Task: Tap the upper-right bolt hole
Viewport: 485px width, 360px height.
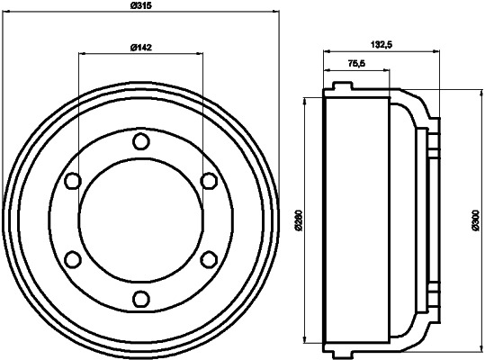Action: tap(209, 181)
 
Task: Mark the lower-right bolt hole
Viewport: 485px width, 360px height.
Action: tap(209, 259)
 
